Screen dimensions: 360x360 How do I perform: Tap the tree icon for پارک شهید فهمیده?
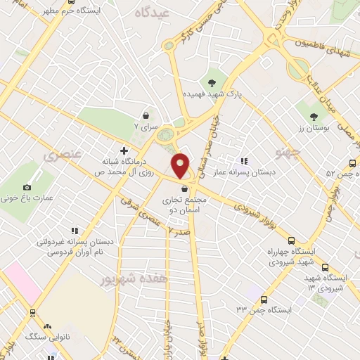coord(212,82)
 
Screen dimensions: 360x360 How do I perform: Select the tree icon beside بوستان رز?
coord(314,116)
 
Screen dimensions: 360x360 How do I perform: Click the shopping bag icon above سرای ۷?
coord(146,115)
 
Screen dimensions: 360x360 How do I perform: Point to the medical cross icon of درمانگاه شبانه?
coord(124,150)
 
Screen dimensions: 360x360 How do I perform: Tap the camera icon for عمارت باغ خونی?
coord(27,187)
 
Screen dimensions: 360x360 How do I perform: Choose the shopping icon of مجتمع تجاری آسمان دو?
coord(184,188)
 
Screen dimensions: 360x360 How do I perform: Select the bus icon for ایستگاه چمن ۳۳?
coord(264,300)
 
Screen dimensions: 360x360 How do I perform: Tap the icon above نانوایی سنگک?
coord(48,326)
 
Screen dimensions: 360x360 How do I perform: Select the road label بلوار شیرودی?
coord(257,212)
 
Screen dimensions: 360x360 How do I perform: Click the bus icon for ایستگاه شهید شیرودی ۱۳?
coord(325,268)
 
